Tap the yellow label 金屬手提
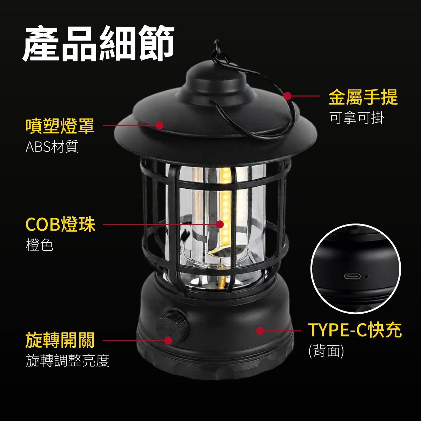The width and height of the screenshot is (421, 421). pos(363,97)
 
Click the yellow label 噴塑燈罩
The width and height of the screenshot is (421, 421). pos(60,126)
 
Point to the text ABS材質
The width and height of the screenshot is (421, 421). pos(52,147)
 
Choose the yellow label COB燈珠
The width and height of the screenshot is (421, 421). pos(60,225)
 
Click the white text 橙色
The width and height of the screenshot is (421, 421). pos(40,245)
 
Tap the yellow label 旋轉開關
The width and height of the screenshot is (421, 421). pos(60,340)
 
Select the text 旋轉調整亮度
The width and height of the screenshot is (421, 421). pos(67,361)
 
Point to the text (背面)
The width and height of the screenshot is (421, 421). pos(326,351)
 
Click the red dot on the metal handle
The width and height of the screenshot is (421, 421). pos(288,96)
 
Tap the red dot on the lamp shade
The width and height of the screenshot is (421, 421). pos(160,125)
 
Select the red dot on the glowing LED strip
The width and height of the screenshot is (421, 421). pos(220,224)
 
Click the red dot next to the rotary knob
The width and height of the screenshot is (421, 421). pos(168,340)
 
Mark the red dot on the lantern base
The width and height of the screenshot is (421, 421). pos(260,330)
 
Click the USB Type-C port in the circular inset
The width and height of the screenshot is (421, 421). pos(352,276)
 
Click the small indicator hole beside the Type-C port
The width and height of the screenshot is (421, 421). pos(366,276)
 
